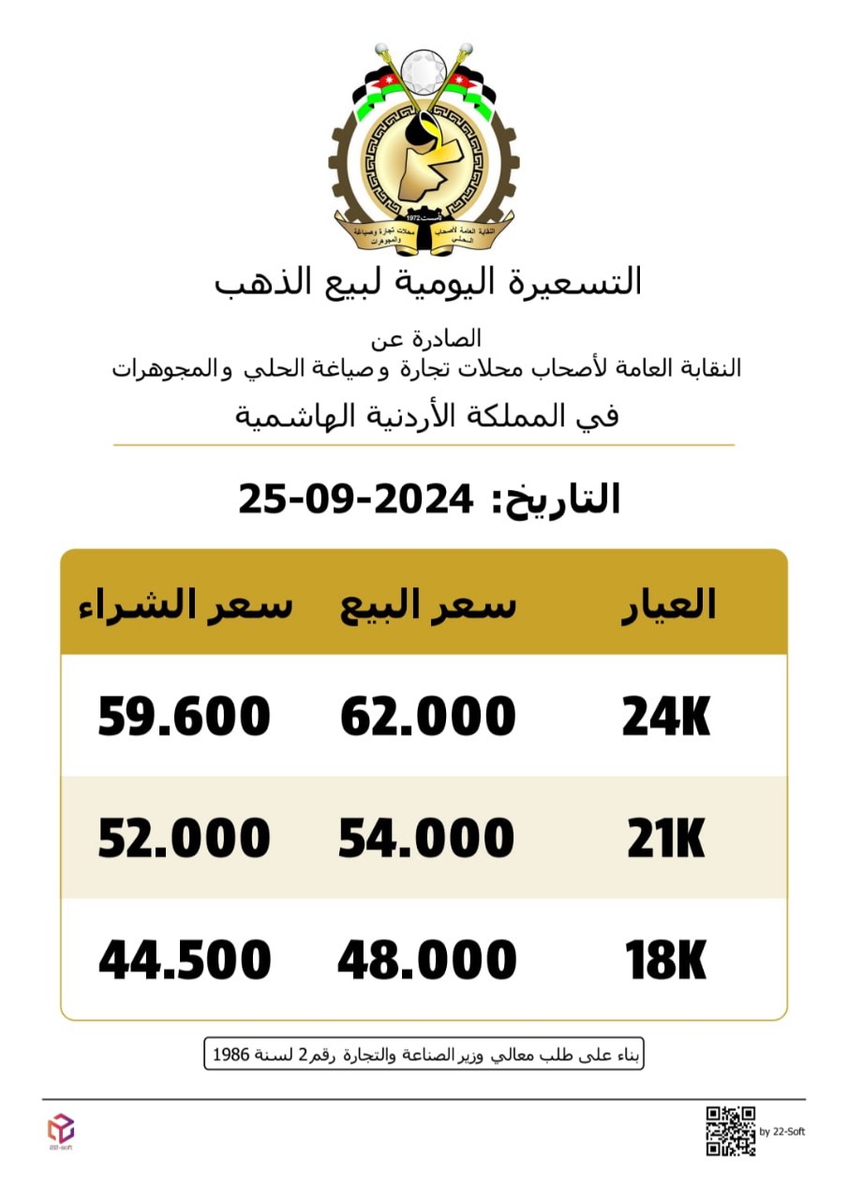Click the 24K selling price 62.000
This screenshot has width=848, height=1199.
tap(427, 718)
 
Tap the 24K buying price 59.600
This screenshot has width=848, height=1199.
tap(185, 718)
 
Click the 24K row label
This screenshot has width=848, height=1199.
tap(666, 719)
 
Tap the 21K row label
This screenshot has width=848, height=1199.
tap(666, 840)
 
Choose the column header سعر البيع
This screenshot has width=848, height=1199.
tap(427, 606)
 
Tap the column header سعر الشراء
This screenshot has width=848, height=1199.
tap(185, 604)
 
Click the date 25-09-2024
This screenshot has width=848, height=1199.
tap(355, 498)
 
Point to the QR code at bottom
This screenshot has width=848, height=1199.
tap(730, 1131)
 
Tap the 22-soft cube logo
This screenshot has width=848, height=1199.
tap(61, 1127)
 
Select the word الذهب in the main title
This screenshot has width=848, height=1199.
tap(261, 282)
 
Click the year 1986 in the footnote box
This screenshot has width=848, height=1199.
tap(231, 1055)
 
